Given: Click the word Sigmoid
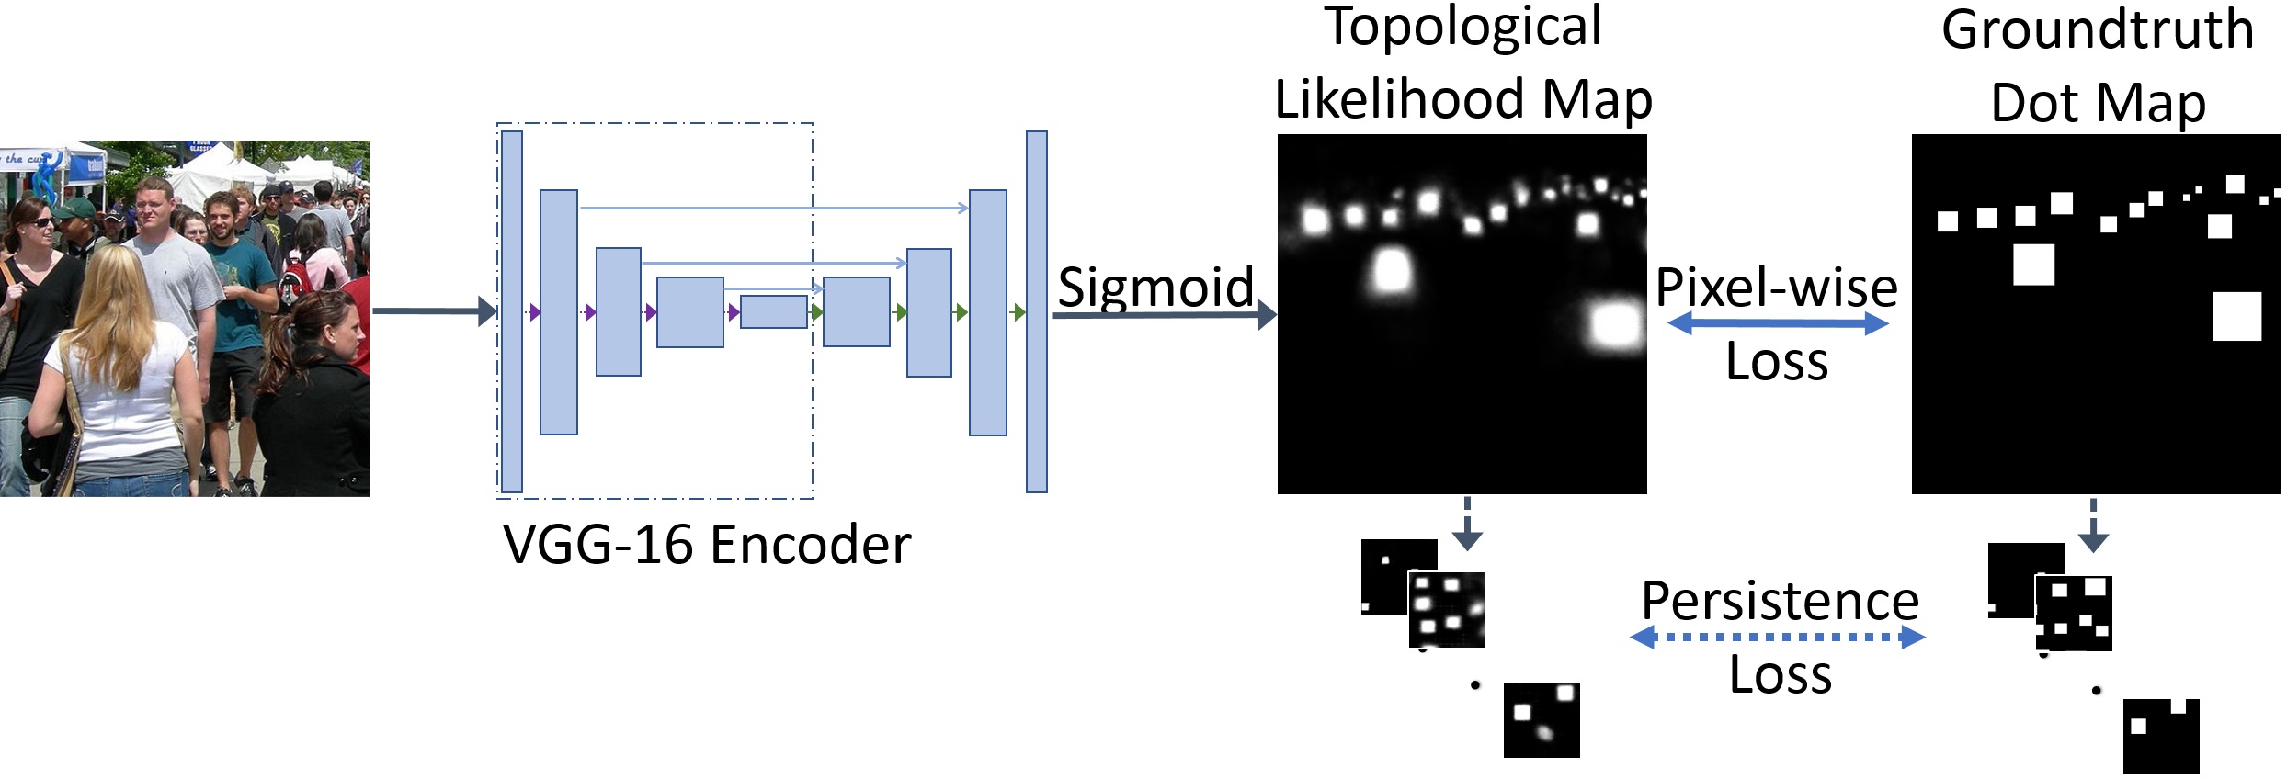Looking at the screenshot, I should [x=1155, y=287].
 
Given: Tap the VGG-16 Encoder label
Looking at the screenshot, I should [x=706, y=544].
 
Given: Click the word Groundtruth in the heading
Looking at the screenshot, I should [x=2097, y=29].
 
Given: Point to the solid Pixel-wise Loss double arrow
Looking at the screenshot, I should [x=1777, y=323].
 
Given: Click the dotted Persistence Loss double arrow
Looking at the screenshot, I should [x=1777, y=637].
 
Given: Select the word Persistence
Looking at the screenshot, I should [x=1780, y=601].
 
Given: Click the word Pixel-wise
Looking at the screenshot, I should [x=1776, y=288].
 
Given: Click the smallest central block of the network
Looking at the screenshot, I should [x=773, y=312].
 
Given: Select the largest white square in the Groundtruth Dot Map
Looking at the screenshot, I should [x=2236, y=316].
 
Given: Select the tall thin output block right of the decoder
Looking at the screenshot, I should [x=1036, y=311].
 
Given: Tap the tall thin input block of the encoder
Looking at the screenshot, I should [x=512, y=311].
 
